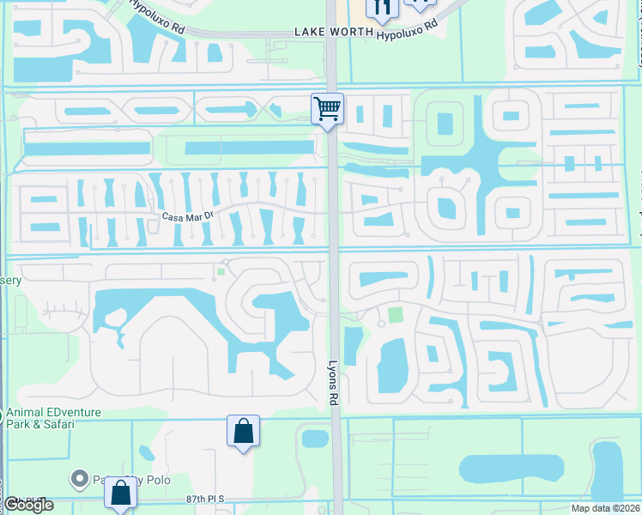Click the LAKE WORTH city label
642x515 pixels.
click(x=334, y=32)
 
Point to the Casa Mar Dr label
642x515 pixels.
click(x=186, y=216)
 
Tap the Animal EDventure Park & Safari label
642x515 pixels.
click(x=53, y=418)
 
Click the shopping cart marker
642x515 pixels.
click(x=327, y=109)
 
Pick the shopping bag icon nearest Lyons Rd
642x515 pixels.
click(x=243, y=430)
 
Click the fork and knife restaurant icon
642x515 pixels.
click(x=382, y=8)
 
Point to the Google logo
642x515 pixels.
click(x=28, y=505)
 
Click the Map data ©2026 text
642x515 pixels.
click(x=605, y=507)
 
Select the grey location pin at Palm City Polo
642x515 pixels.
click(x=80, y=478)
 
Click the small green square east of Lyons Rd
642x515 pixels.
click(x=395, y=315)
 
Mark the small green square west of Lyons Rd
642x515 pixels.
click(x=221, y=273)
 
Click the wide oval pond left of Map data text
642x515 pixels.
click(x=500, y=470)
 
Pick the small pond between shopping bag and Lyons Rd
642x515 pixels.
click(x=315, y=439)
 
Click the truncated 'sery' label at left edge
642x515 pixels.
click(x=10, y=280)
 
